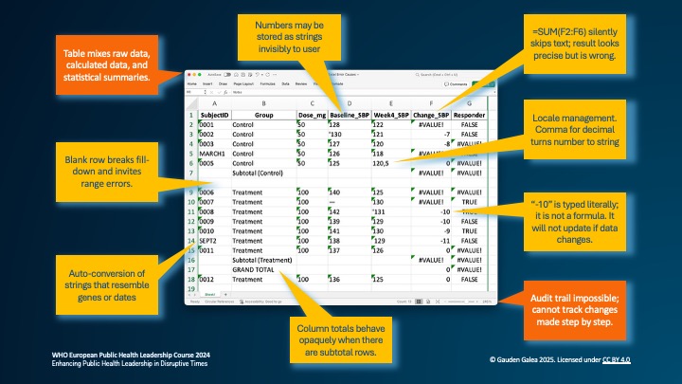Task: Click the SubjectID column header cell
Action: tap(214, 114)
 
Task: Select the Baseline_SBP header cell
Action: tap(349, 114)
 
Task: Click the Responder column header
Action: tap(470, 114)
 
